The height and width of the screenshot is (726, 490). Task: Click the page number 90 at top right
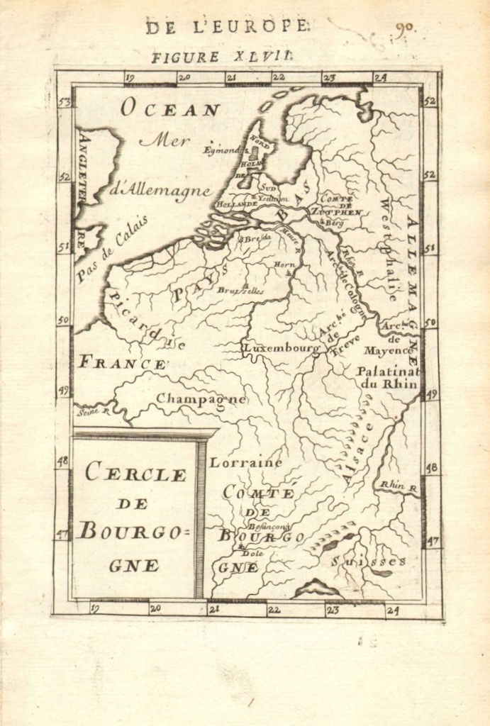coord(405,30)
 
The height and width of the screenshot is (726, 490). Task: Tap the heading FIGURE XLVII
coord(221,57)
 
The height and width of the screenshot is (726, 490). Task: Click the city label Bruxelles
coord(240,291)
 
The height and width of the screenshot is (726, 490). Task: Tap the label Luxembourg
coord(281,349)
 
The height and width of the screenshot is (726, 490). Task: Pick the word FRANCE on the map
coord(122,363)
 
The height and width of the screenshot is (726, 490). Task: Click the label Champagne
coord(201,399)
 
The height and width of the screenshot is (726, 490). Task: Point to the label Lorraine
coord(245,462)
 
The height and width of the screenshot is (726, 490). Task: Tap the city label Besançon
coord(268,527)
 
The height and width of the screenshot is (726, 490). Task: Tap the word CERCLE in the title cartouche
coord(135,473)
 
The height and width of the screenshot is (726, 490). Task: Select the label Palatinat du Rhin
coord(387,377)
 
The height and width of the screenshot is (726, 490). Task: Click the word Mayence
coord(388,350)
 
